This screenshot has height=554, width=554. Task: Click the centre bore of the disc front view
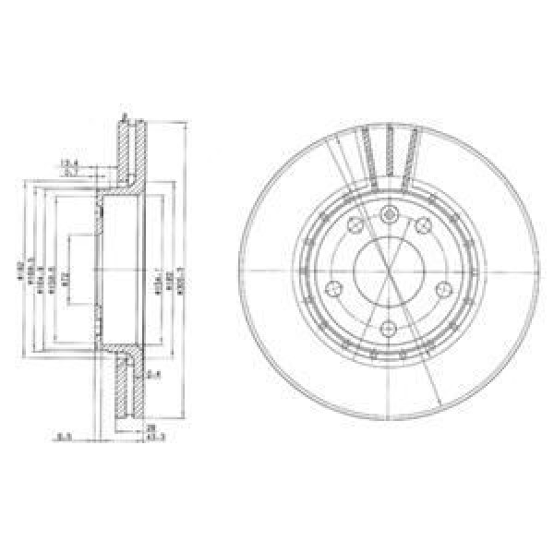[389, 272]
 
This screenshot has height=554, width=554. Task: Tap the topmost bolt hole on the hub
[389, 215]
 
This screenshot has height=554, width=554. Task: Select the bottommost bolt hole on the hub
[389, 327]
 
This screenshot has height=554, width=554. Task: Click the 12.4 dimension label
[68, 163]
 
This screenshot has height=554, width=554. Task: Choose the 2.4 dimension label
[152, 373]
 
